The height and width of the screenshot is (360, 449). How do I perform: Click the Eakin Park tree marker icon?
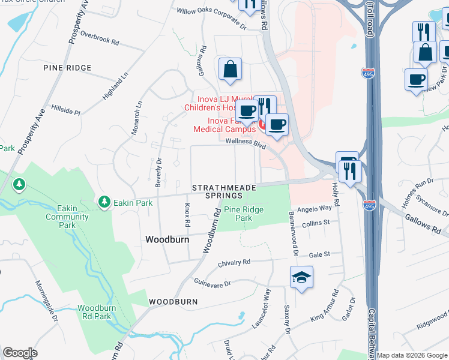(105, 202)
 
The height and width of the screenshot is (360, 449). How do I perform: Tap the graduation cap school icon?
(301, 278)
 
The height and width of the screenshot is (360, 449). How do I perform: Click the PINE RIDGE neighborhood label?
(67, 68)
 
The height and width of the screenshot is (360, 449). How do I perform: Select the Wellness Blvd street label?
(246, 142)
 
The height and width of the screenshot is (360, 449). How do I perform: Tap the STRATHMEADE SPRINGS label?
(224, 192)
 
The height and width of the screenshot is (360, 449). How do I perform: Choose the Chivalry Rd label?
(234, 262)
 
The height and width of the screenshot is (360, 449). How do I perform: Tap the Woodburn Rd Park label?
(95, 312)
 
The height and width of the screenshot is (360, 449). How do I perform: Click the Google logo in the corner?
(20, 353)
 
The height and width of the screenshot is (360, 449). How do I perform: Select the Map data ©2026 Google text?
(412, 355)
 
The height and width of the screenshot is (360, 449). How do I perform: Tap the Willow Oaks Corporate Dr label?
(211, 19)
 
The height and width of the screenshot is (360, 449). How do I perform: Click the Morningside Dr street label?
(46, 301)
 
